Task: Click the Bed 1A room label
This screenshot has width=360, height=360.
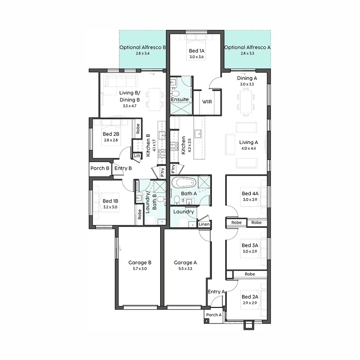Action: (x=197, y=51)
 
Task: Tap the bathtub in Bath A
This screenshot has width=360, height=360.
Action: (x=184, y=183)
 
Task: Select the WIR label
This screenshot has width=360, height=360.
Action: (x=207, y=102)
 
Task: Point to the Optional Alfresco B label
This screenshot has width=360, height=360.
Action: (x=143, y=47)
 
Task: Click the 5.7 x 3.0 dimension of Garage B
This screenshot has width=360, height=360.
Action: (x=139, y=269)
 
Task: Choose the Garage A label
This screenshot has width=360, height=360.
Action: (x=185, y=262)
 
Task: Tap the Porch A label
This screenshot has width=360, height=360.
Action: (x=214, y=315)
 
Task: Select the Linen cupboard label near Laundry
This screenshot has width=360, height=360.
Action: (x=204, y=224)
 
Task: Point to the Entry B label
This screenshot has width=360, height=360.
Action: (x=123, y=168)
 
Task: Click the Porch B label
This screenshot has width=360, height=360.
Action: (x=100, y=168)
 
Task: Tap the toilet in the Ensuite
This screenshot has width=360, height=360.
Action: (x=175, y=94)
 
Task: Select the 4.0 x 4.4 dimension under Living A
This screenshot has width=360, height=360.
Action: (x=248, y=148)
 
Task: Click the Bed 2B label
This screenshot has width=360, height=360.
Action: (x=111, y=134)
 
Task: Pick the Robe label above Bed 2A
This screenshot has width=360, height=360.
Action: (x=250, y=274)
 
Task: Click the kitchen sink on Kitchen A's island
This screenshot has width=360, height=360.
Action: (x=198, y=133)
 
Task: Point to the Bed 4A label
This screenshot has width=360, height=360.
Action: (x=250, y=193)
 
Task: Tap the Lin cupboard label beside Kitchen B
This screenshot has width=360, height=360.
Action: (x=137, y=156)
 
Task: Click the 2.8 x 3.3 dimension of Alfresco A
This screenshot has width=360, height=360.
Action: (x=247, y=53)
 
